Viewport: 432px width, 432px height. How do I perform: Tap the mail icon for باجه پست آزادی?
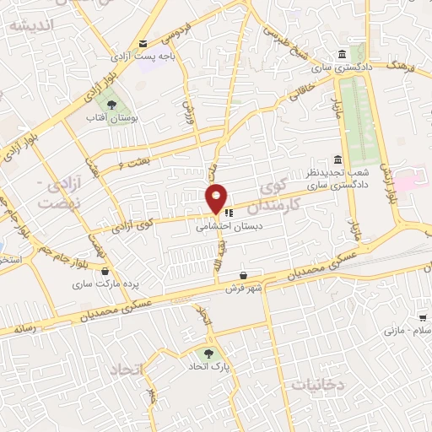coord(142,44)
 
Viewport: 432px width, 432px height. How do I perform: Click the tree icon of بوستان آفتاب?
coord(111,105)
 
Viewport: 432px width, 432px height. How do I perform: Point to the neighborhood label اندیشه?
coord(31,26)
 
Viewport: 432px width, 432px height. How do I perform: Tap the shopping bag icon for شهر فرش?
coord(243,275)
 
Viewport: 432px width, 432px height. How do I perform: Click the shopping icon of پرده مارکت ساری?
coord(105,272)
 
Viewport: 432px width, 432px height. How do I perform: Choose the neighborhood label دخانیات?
coord(318,384)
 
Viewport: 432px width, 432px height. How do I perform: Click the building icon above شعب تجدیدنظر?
coord(337,160)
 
